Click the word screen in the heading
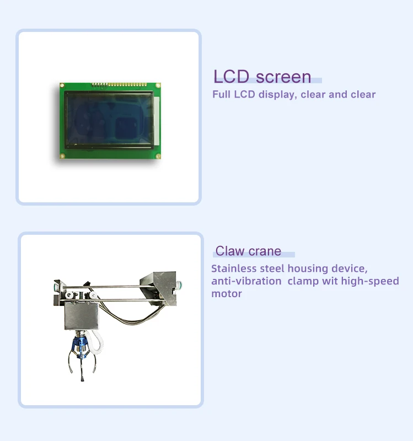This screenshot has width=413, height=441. pos(283,77)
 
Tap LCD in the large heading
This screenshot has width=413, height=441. pos(231,76)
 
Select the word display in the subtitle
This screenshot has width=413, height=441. pos(278,94)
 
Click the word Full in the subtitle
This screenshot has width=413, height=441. pos(222,94)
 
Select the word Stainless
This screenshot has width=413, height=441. pos(234,268)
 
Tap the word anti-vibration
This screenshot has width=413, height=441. pos(246,281)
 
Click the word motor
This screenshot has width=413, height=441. pos(227,294)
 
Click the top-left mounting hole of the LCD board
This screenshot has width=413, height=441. pos(62,85)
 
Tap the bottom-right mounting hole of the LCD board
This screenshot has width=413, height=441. pos(158,156)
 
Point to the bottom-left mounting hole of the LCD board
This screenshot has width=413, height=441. pos(62,156)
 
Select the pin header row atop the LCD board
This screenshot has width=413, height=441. pos(119,84)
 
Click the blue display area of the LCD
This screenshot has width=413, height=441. pos(109,119)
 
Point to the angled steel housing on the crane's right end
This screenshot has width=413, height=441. pos(159,287)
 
